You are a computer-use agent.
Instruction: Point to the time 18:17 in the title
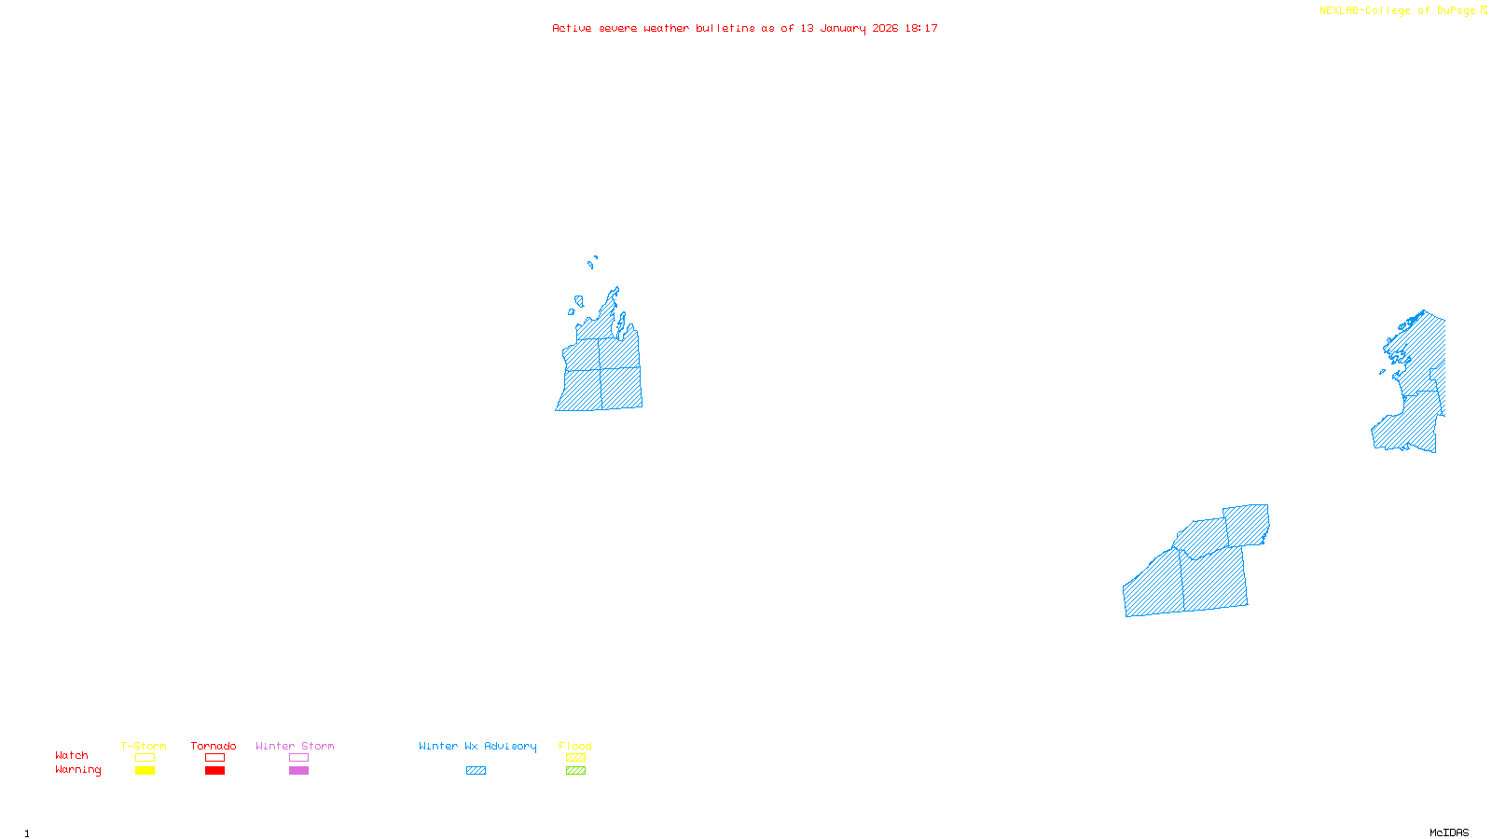point(921,29)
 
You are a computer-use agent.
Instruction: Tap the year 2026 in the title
point(885,29)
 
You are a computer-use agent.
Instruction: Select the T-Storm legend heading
point(144,746)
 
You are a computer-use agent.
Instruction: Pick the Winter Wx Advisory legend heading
point(477,746)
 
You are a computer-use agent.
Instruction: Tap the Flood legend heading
point(575,746)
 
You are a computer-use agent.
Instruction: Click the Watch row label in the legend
point(72,755)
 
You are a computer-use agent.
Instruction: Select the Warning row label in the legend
point(77,770)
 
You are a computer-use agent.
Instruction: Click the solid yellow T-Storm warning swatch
point(145,771)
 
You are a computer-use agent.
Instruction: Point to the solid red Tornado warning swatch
point(214,771)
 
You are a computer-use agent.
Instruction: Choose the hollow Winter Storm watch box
point(298,758)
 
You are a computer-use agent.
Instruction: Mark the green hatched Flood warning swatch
point(576,771)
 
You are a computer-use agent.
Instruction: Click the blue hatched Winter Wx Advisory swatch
point(476,771)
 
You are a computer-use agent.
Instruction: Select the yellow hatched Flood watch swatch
point(576,758)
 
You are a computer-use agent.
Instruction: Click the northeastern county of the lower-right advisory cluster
point(1247,524)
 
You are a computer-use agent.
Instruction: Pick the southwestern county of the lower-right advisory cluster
point(1154,585)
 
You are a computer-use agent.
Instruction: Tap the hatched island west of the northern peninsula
point(579,301)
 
